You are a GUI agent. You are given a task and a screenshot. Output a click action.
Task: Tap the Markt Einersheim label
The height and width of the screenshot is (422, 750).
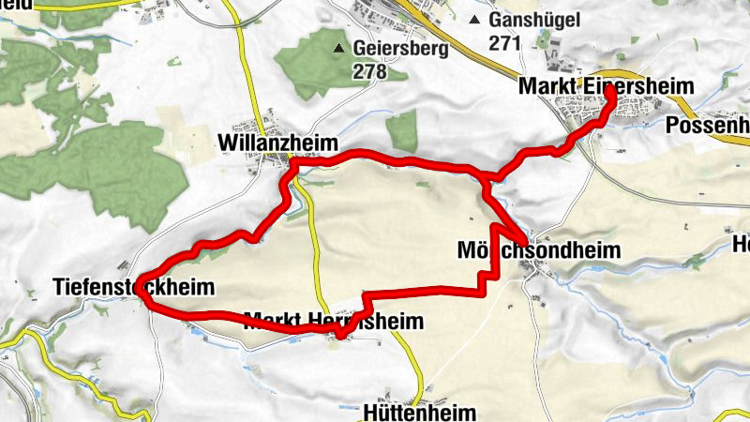tap(606, 87)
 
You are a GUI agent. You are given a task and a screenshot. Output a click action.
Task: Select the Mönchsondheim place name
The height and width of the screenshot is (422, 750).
tap(539, 250)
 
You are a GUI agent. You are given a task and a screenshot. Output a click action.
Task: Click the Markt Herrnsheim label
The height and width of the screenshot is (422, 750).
tap(333, 322)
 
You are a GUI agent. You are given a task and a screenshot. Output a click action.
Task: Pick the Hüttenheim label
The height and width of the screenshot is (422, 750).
tap(419, 412)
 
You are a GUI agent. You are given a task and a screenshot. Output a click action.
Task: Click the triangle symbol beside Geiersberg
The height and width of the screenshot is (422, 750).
tap(340, 47)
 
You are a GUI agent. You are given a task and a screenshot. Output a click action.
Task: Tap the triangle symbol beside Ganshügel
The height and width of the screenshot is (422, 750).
tap(476, 20)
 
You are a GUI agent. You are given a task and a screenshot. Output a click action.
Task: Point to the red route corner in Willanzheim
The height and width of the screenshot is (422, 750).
tap(293, 165)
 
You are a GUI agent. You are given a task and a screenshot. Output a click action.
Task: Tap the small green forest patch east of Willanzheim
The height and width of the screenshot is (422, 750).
tap(402, 131)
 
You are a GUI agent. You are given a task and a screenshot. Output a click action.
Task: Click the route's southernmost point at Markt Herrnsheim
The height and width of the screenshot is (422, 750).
tap(342, 335)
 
